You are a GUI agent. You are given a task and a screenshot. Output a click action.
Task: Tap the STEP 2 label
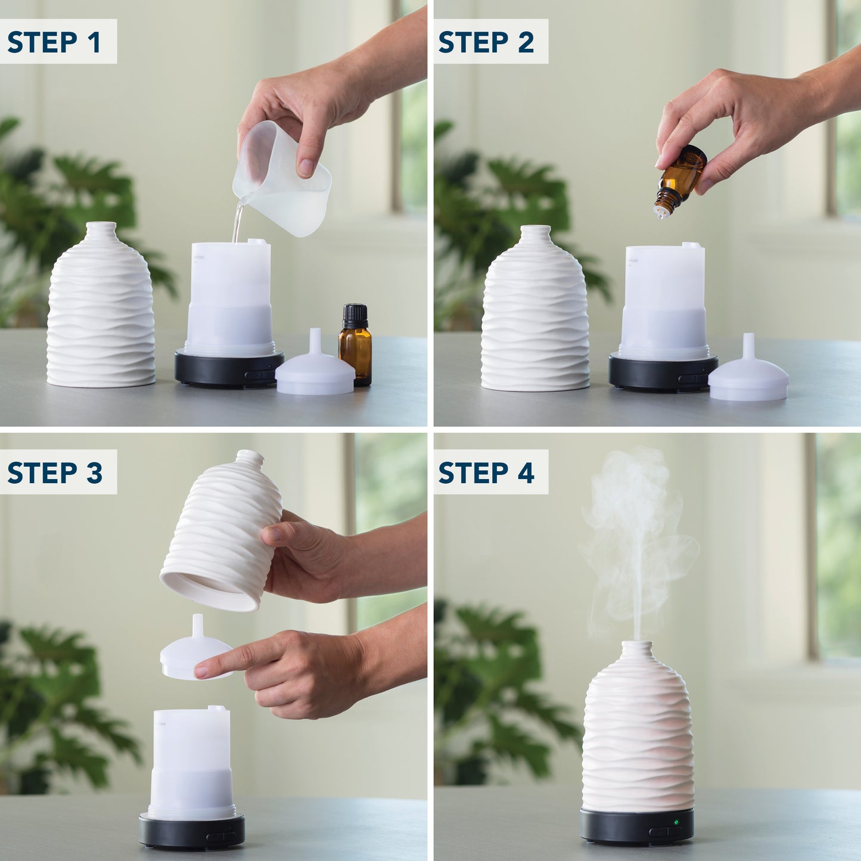[x=486, y=42]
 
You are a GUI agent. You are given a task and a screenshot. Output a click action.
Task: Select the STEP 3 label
[x=55, y=473]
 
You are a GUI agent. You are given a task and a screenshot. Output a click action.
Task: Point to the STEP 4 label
[x=486, y=473]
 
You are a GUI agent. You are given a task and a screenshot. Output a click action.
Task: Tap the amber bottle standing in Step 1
[x=355, y=346]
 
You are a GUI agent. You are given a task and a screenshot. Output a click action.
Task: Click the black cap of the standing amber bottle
[x=355, y=316]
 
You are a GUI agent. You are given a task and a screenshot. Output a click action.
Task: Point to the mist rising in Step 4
[x=635, y=536]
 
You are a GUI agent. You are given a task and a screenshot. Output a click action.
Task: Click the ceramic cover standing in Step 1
[x=101, y=310]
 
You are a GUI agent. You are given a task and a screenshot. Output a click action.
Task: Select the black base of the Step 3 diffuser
[x=191, y=831]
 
